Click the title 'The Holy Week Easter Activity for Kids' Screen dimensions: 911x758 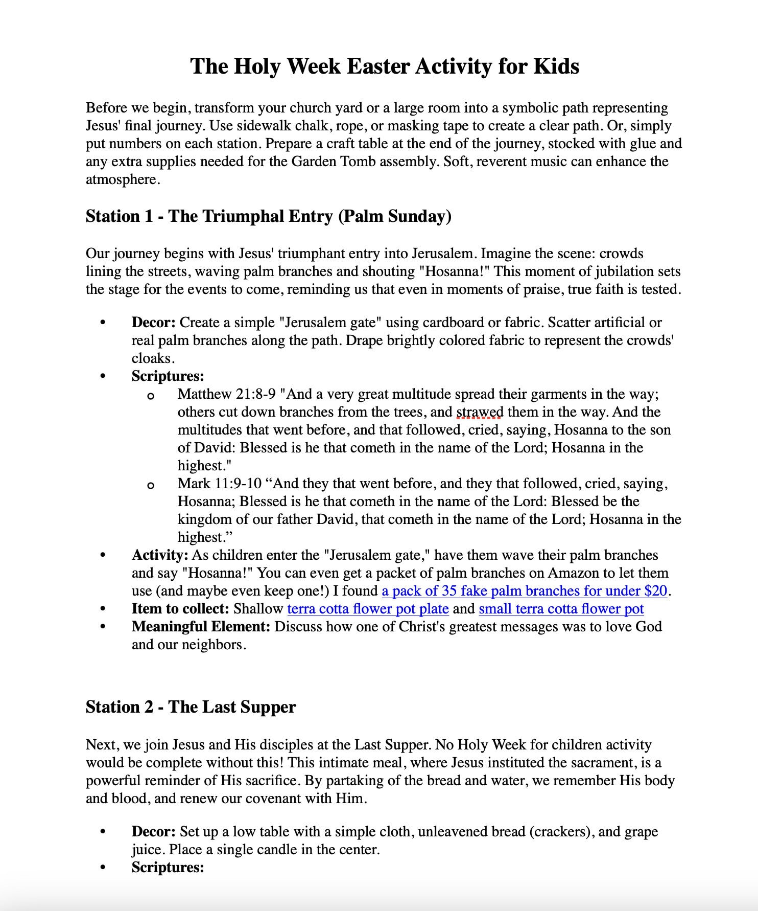[384, 66]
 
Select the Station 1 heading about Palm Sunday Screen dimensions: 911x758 [268, 216]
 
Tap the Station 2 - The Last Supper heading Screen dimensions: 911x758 [191, 707]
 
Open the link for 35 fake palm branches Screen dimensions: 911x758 [525, 591]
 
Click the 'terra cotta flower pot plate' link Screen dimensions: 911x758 [368, 609]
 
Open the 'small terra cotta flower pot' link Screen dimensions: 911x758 [561, 609]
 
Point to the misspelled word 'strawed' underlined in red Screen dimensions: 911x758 [479, 412]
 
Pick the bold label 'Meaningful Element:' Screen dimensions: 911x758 [200, 627]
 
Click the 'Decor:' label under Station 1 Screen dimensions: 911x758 [153, 323]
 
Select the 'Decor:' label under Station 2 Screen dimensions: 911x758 [153, 832]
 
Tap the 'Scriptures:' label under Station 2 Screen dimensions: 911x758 [168, 868]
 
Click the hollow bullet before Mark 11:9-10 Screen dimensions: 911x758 [150, 485]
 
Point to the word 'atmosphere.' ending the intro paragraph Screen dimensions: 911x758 [123, 179]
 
